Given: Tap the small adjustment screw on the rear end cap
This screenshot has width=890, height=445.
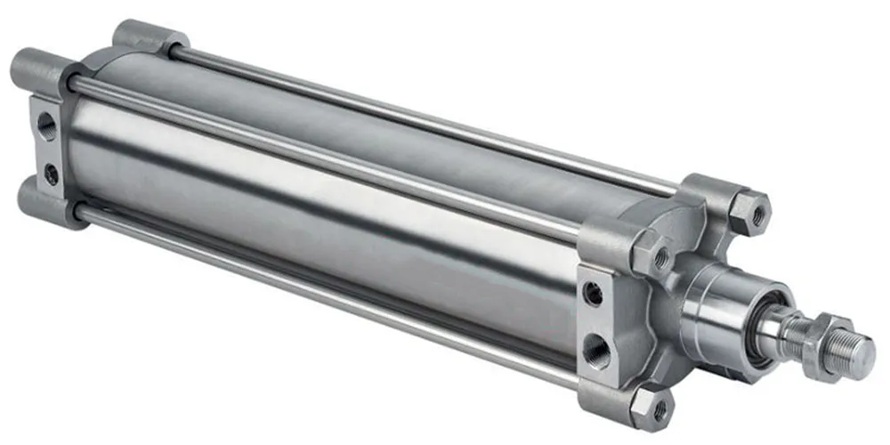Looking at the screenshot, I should (52, 174).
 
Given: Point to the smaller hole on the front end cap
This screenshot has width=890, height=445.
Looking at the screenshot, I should (594, 293).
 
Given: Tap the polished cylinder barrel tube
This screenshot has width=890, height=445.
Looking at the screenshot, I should (311, 214).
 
